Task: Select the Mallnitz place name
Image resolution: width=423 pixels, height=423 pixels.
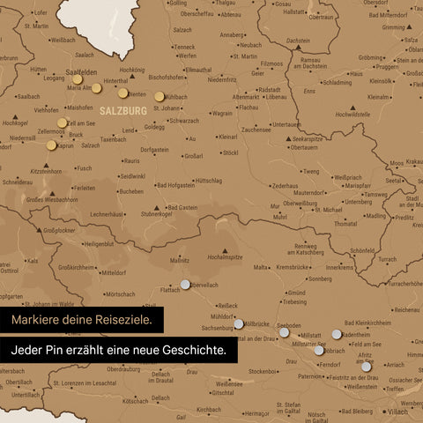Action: (180, 261)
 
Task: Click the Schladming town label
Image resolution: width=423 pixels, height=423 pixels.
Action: (338, 82)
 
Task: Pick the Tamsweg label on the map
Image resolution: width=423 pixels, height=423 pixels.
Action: (375, 195)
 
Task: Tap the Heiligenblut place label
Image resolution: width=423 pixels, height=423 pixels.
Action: (98, 244)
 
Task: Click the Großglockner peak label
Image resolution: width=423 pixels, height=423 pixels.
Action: (58, 231)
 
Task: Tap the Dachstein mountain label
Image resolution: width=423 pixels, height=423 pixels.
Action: (298, 40)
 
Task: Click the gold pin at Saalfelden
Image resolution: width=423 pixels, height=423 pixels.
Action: (78, 79)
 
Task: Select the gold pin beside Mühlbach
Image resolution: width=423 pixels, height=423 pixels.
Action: (160, 97)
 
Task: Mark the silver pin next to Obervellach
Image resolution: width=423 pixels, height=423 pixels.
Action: (185, 284)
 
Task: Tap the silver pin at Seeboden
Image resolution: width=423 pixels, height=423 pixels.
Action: (285, 333)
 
